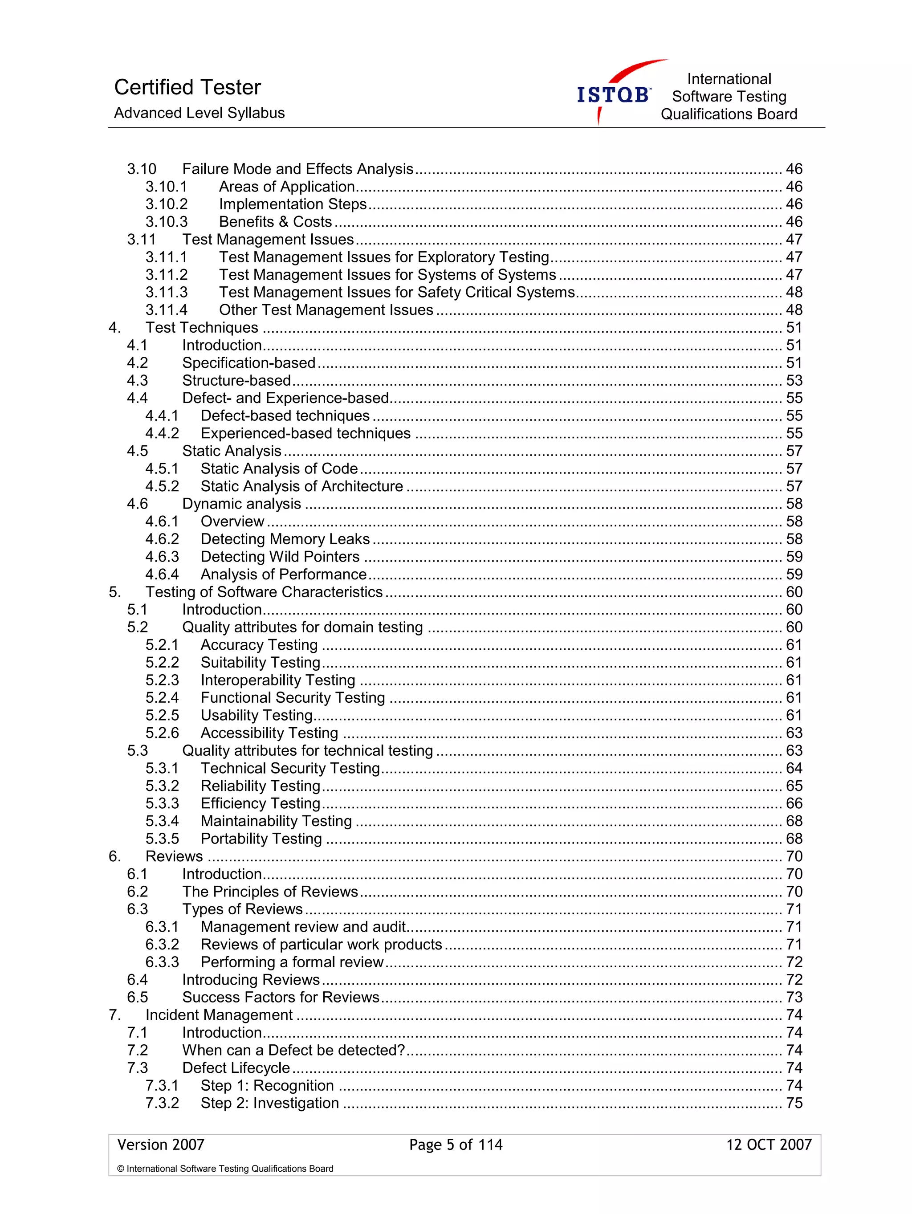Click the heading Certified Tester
[x=187, y=87]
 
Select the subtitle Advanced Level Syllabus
[x=199, y=113]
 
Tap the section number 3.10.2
[x=166, y=204]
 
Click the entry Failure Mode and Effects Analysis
[x=297, y=169]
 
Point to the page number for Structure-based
[x=794, y=380]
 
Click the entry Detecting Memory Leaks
[x=285, y=539]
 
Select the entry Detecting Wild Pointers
[x=280, y=557]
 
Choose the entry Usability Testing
[x=256, y=715]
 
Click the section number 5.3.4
[x=162, y=821]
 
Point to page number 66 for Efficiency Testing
[x=794, y=803]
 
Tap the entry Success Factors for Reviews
[x=281, y=997]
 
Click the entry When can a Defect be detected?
[x=293, y=1050]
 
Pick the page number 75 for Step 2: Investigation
[x=794, y=1103]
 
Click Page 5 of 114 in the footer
[x=456, y=1145]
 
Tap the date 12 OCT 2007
[x=768, y=1145]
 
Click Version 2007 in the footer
[x=161, y=1145]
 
